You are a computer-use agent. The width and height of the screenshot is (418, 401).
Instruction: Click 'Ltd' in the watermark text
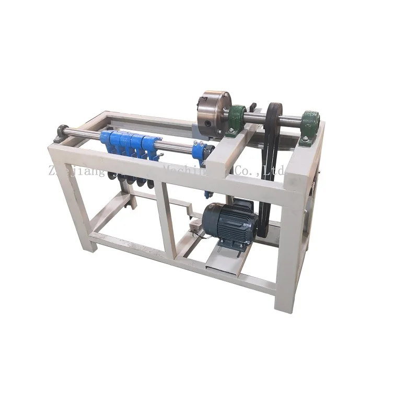(x=275, y=170)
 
